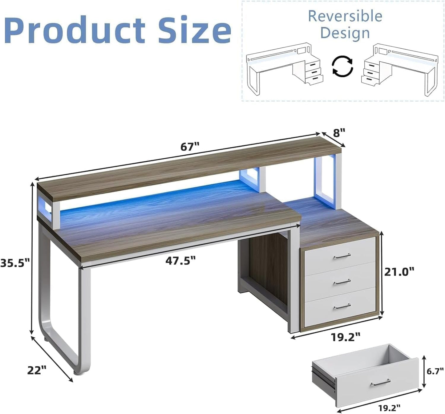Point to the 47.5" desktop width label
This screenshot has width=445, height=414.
tap(180, 261)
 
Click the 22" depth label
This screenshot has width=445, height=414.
tap(37, 370)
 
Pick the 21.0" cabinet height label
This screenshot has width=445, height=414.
tap(399, 272)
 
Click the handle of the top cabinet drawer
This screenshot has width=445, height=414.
tap(342, 256)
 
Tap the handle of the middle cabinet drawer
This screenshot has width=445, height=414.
tap(342, 282)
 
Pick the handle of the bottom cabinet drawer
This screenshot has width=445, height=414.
tap(342, 306)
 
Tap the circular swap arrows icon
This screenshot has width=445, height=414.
tap(342, 66)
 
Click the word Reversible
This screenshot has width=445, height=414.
tap(345, 16)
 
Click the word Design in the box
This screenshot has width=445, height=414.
tap(345, 33)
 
